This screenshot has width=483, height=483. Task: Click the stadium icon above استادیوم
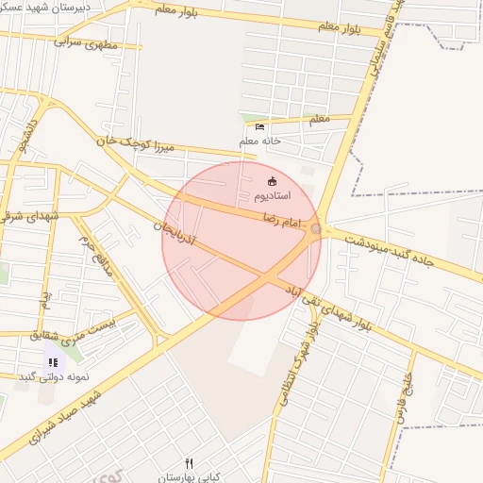274,180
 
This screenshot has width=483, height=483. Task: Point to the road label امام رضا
282,222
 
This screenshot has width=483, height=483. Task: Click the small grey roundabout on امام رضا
315,229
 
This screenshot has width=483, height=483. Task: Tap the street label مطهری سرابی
89,42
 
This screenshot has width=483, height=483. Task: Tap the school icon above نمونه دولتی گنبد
53,362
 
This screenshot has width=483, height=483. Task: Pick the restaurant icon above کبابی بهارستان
189,462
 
